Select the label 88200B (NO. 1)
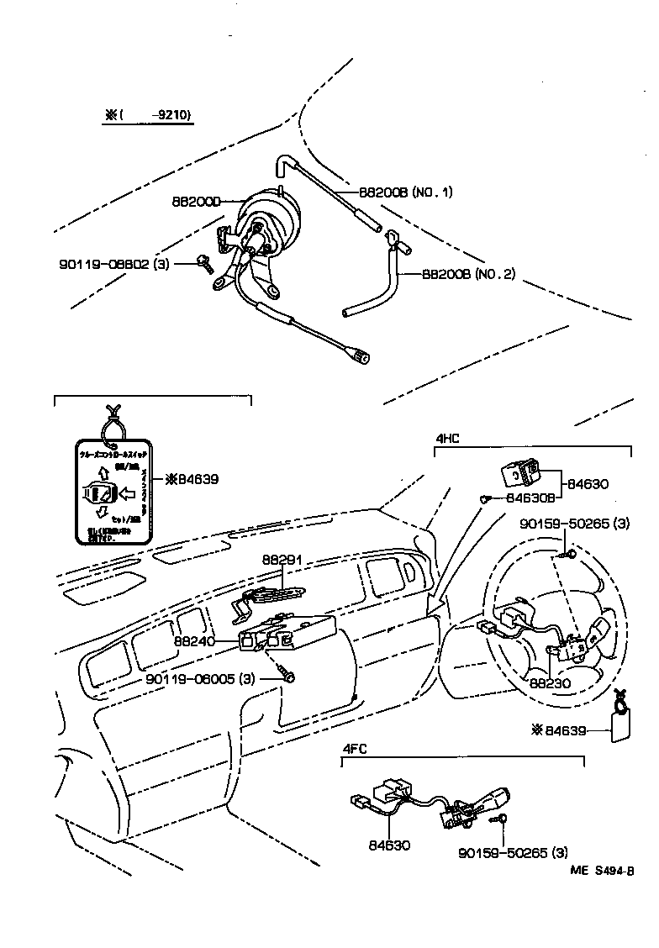point(406,192)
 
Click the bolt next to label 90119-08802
point(203,264)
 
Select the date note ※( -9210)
point(148,117)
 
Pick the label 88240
point(194,641)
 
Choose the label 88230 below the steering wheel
point(550,683)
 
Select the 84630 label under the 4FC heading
point(389,845)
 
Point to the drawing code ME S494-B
point(604,871)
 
